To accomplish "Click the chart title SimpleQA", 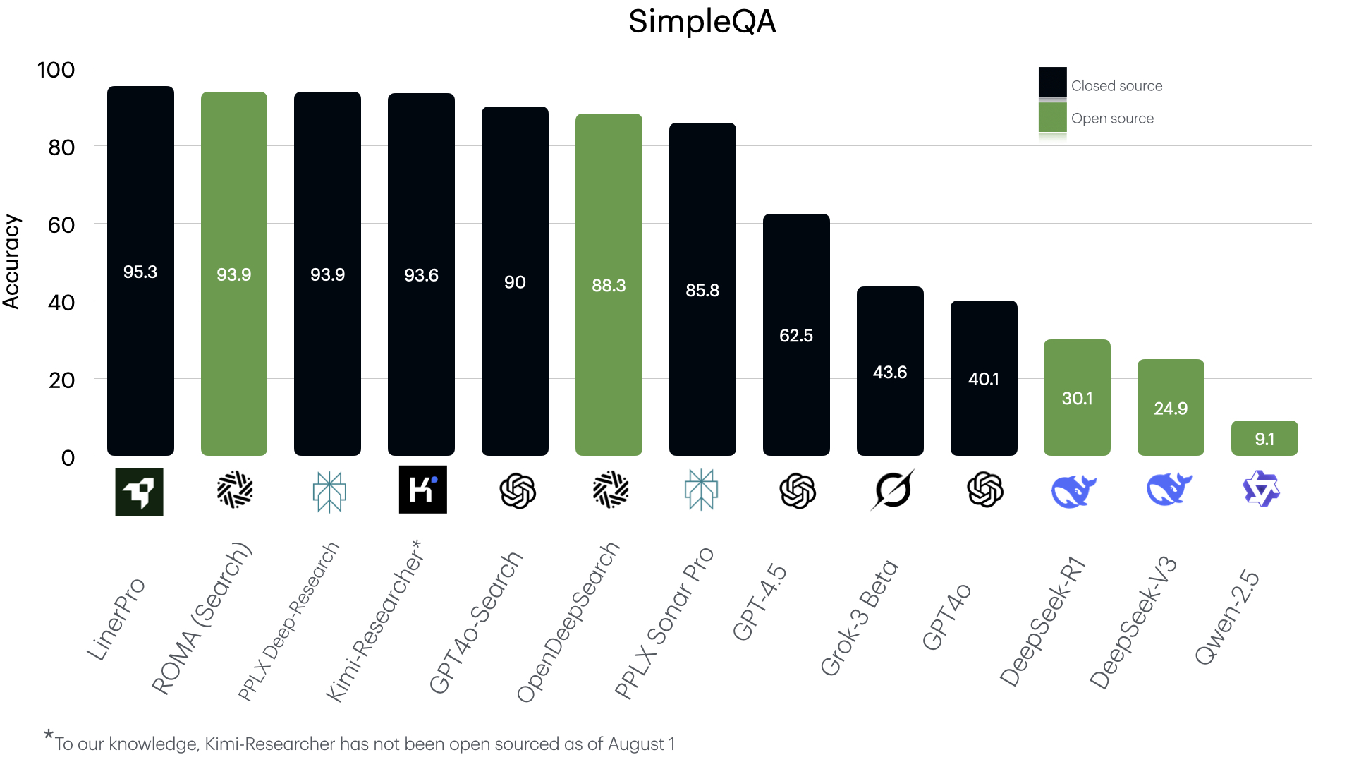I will (702, 21).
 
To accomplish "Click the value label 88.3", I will (609, 286).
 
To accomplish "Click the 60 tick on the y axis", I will (61, 225).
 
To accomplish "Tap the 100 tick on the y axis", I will (56, 70).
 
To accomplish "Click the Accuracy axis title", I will (11, 262).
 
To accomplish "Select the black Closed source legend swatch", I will (1052, 82).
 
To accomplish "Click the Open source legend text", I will (1112, 119).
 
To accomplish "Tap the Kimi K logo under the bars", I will (422, 490).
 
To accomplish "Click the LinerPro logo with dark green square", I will (139, 492).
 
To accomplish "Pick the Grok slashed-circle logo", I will (892, 490).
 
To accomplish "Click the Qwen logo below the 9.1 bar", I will (1261, 489).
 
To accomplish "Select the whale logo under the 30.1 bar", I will (1073, 490).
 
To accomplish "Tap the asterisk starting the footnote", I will (48, 735).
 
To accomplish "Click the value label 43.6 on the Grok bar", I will (890, 372).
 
